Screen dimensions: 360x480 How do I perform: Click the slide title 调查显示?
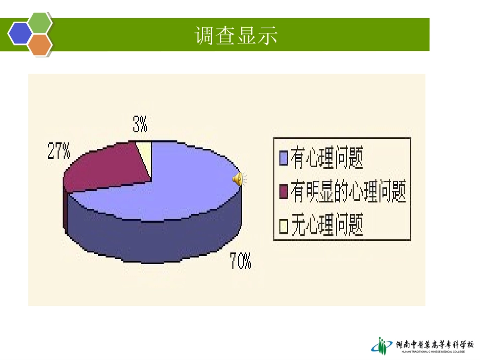tap(236, 36)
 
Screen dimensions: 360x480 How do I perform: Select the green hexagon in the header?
tap(40, 23)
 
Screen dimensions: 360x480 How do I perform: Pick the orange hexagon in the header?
tap(40, 45)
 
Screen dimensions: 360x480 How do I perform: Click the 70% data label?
tap(240, 261)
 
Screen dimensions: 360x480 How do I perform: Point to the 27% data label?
tap(59, 151)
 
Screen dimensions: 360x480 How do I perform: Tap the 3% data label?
tap(140, 123)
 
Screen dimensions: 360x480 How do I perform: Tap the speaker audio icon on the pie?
tap(238, 179)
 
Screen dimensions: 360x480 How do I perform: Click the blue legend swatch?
tap(283, 159)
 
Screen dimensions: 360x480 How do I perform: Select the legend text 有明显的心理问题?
tap(348, 192)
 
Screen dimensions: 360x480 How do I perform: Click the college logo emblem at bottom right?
tap(382, 345)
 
